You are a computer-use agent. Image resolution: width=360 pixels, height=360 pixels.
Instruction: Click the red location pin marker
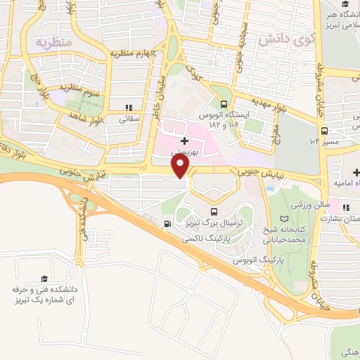click(181, 166)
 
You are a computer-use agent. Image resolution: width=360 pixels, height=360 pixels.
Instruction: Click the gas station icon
click(167, 224)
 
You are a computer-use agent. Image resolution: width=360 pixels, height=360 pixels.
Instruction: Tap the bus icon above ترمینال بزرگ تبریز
click(214, 211)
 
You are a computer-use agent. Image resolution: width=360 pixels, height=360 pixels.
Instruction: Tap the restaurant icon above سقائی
click(128, 108)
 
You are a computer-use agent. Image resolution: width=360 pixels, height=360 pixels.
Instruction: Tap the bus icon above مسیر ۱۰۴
click(325, 130)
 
